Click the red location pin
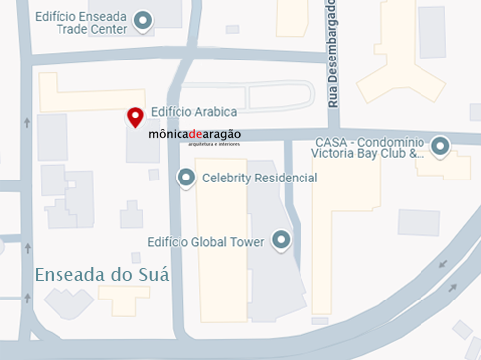[135, 116]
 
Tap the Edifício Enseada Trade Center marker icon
[143, 20]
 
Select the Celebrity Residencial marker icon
[184, 178]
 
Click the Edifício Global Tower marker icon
[281, 240]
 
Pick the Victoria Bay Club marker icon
[440, 147]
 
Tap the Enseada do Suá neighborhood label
[101, 274]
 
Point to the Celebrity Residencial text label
[259, 179]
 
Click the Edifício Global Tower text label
[205, 241]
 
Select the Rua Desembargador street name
[333, 55]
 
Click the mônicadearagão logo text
[193, 135]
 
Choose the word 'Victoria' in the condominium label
[334, 154]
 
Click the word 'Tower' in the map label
[244, 241]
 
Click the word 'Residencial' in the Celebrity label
[284, 179]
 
